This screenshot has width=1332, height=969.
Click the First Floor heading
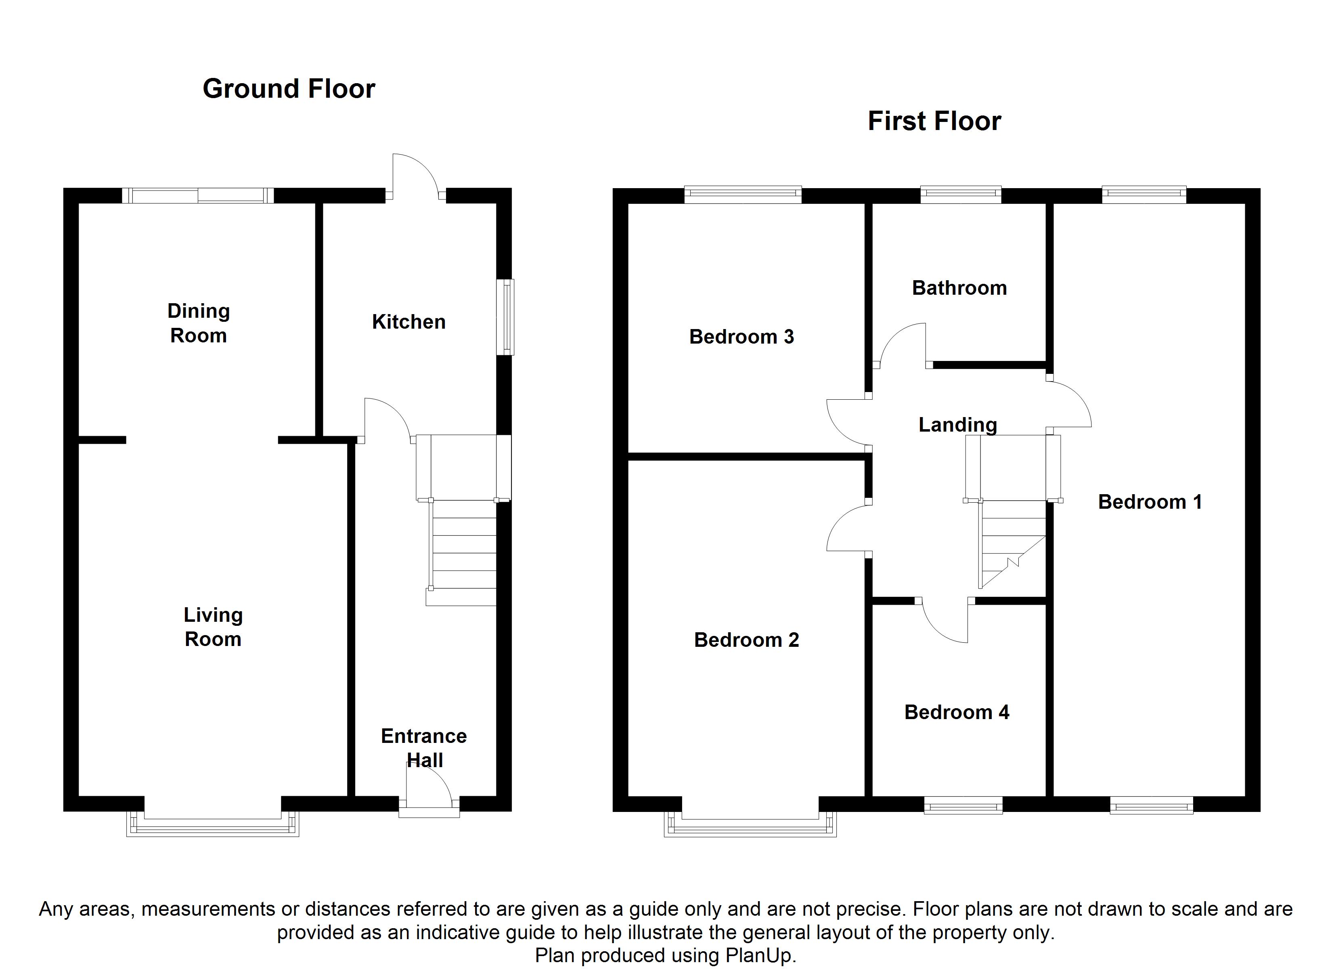(x=934, y=121)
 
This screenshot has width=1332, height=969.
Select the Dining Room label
(x=199, y=323)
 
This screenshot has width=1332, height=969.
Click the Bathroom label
(x=960, y=287)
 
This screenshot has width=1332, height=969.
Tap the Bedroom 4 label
(x=957, y=712)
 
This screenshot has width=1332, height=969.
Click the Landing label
(x=958, y=424)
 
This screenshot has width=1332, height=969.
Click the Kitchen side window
(x=505, y=317)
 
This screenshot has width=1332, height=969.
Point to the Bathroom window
(x=960, y=195)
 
